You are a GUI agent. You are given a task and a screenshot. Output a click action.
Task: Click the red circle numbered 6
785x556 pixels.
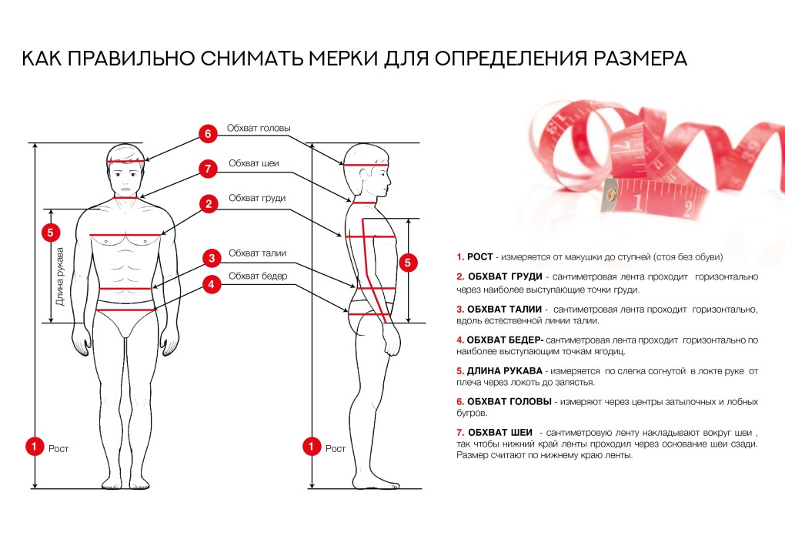click(207, 133)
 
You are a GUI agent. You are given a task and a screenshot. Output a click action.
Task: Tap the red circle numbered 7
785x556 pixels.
click(207, 168)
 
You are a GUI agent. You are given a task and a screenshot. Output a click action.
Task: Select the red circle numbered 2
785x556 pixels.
click(207, 203)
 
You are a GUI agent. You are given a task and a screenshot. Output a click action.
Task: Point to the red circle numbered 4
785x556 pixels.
click(207, 283)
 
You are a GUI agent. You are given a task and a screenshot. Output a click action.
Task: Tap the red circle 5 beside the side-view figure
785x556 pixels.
click(409, 263)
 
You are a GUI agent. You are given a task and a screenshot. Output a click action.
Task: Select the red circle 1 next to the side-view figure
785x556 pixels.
click(312, 446)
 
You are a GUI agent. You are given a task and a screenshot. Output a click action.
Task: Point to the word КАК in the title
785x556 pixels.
click(42, 59)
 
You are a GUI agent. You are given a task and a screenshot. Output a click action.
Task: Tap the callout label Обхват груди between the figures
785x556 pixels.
click(256, 198)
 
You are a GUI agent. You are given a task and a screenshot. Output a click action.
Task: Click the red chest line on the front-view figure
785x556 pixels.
click(125, 234)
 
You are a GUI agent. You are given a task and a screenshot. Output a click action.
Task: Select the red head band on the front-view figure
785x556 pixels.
click(125, 160)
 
